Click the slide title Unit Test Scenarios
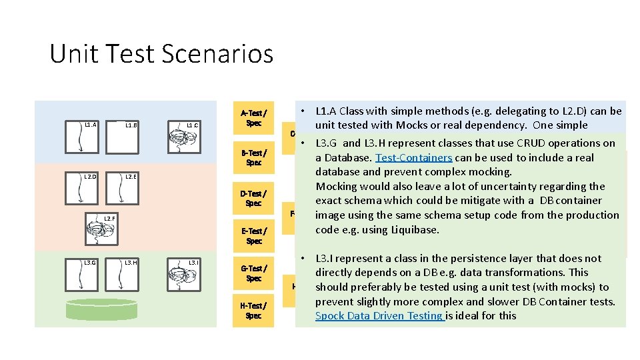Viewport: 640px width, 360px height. [161, 53]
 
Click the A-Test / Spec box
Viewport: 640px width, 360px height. [253, 118]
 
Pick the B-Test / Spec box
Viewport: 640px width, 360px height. [253, 157]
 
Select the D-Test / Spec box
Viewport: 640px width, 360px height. [253, 199]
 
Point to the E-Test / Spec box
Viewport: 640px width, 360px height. [253, 236]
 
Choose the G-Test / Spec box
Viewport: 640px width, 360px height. [253, 273]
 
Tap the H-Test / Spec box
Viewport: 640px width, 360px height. [253, 311]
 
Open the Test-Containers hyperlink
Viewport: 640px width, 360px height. [413, 158]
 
